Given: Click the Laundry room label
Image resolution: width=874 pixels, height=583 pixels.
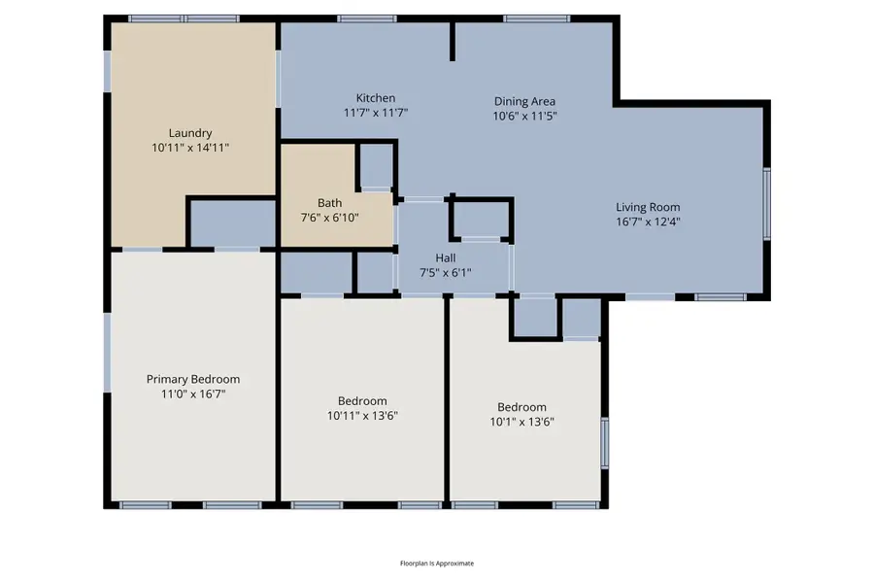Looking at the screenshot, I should point(190,133).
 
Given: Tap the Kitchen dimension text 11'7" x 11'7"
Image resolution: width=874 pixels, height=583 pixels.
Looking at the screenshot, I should point(376,113).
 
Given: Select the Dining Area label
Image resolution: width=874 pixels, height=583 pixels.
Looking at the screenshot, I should point(524,101).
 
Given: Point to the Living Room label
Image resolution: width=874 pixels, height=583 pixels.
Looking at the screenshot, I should point(648,207).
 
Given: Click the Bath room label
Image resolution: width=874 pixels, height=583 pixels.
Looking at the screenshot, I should point(329,203).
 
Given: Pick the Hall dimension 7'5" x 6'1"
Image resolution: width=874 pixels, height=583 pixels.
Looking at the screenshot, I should point(446,273).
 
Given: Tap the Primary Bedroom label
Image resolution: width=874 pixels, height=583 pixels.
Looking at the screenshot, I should point(193,379).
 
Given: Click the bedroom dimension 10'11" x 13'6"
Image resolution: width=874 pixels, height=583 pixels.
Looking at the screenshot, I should point(362,416).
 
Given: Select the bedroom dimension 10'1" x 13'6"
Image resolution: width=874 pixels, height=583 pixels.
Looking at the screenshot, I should point(522,422).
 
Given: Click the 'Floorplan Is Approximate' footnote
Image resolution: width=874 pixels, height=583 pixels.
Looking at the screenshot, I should point(437,564).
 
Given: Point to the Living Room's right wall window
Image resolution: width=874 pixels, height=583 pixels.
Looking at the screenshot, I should point(766,203).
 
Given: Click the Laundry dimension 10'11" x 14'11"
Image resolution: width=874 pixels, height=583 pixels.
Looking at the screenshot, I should point(190,148).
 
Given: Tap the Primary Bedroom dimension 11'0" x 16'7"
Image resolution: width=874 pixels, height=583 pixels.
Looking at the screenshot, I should point(193,394).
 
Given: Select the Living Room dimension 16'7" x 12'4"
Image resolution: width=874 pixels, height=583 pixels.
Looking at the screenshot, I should point(648,222).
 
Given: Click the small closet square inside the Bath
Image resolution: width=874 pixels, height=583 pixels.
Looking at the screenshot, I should point(375,165).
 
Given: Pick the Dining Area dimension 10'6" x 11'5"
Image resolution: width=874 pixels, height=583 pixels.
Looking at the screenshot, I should point(524,116).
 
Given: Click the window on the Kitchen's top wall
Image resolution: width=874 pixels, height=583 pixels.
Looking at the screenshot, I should point(367,18).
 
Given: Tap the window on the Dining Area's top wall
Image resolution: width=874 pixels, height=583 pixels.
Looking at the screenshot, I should point(536,18).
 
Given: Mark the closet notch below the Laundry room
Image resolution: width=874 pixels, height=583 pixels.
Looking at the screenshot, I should point(232,223).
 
